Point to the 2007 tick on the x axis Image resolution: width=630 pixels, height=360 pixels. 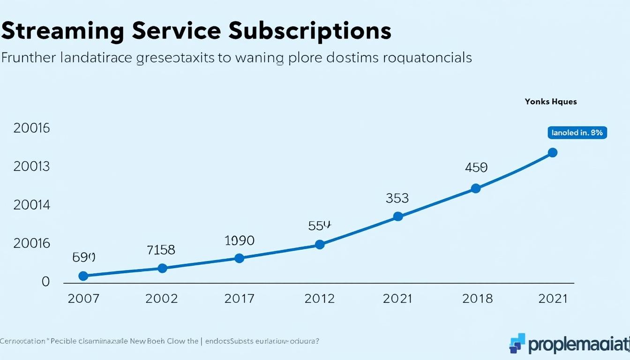pyautogui.click(x=83, y=299)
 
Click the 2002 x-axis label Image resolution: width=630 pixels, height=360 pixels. pyautogui.click(x=162, y=299)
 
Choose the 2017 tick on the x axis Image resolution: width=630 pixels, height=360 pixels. pyautogui.click(x=239, y=299)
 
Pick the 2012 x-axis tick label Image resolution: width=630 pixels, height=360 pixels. pyautogui.click(x=320, y=299)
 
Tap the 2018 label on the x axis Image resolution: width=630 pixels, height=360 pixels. pyautogui.click(x=477, y=299)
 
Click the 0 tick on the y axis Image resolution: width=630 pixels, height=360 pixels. pyautogui.click(x=45, y=282)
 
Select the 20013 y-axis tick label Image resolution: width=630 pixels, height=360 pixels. pyautogui.click(x=31, y=166)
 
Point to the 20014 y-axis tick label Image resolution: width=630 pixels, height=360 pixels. pyautogui.click(x=31, y=205)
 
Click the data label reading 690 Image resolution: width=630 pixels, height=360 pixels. pyautogui.click(x=84, y=257)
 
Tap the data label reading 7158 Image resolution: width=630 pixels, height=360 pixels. pyautogui.click(x=161, y=250)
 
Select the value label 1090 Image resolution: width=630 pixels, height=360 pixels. pyautogui.click(x=240, y=241)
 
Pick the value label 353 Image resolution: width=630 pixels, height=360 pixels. pyautogui.click(x=397, y=198)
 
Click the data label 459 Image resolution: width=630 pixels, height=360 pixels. pyautogui.click(x=476, y=167)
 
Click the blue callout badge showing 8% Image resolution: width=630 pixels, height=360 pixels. pyautogui.click(x=577, y=133)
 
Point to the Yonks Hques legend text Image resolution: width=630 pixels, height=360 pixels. pyautogui.click(x=551, y=102)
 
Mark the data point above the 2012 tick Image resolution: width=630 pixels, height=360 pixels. pyautogui.click(x=320, y=244)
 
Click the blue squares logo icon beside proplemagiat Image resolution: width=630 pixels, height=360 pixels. pyautogui.click(x=517, y=343)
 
